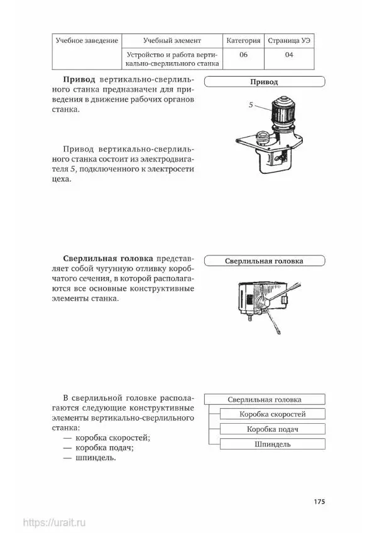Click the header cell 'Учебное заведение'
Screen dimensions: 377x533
(87, 41)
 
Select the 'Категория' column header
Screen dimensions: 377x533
(243, 41)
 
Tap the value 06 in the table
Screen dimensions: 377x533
(243, 55)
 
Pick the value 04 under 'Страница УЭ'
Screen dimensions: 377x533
(289, 55)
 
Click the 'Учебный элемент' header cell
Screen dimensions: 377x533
(172, 41)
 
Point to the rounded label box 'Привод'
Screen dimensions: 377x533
(265, 82)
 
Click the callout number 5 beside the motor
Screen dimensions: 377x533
(251, 105)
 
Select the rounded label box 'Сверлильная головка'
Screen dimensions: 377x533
(265, 261)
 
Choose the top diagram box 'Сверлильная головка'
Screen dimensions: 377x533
(265, 399)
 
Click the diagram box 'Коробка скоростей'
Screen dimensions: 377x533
(273, 414)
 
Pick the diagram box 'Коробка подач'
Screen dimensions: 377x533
(273, 429)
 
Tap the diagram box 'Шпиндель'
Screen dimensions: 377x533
(273, 444)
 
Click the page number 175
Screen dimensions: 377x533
(319, 502)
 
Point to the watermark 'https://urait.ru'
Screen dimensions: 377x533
(55, 522)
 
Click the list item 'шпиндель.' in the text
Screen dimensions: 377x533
(96, 458)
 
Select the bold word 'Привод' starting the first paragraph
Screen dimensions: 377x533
(79, 80)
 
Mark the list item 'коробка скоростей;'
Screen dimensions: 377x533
(112, 438)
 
